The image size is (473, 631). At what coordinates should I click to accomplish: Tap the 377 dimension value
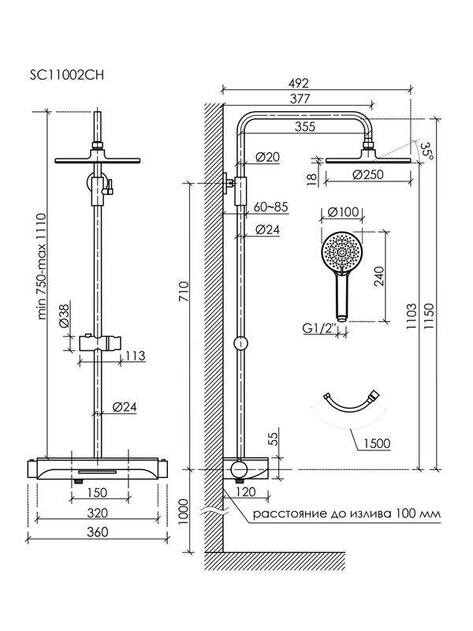click(299, 99)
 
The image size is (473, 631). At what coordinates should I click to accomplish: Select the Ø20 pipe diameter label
click(269, 157)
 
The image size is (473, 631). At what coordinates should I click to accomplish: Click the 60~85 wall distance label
click(273, 207)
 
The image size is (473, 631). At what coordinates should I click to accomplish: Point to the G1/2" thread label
click(319, 328)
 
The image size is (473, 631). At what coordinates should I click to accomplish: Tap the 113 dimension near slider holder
click(136, 356)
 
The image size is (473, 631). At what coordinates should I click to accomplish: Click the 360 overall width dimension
click(98, 532)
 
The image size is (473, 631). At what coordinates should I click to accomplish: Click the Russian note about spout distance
click(346, 513)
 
